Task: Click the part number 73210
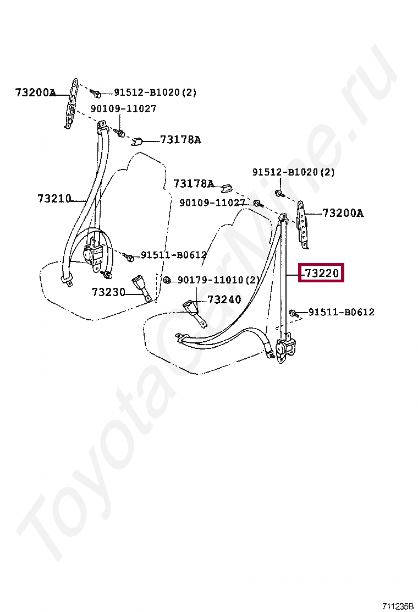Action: click(x=54, y=199)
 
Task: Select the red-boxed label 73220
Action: click(x=321, y=273)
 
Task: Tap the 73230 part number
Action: click(x=108, y=292)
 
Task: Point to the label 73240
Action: click(x=224, y=300)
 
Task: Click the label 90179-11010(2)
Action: click(x=218, y=281)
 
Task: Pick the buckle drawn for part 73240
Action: click(x=191, y=307)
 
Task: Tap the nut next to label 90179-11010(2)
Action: click(x=168, y=280)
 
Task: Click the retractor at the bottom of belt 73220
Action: click(x=285, y=348)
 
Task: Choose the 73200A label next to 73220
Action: click(x=343, y=214)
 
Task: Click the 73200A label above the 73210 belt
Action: click(x=35, y=93)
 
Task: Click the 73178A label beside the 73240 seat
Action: click(x=194, y=183)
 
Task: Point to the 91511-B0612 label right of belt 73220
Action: click(x=341, y=312)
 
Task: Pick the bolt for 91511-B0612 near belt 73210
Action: click(x=129, y=256)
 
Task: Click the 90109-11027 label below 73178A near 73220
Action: click(x=212, y=203)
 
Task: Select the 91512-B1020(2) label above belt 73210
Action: click(x=155, y=92)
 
